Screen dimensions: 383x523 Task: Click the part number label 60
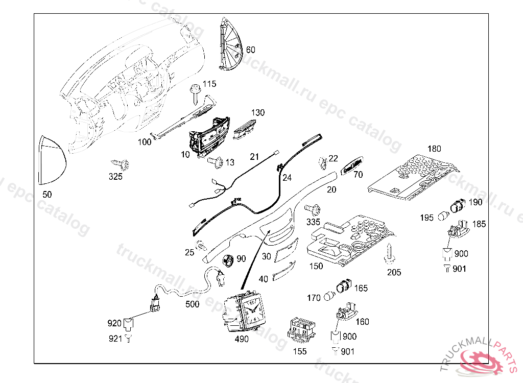click(x=250, y=50)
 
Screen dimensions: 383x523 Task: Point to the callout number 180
click(x=434, y=149)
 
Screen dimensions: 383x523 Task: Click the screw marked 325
click(x=122, y=165)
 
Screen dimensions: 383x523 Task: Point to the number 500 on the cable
click(x=192, y=304)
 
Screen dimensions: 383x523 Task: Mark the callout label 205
click(x=394, y=272)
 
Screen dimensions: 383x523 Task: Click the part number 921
click(x=115, y=338)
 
